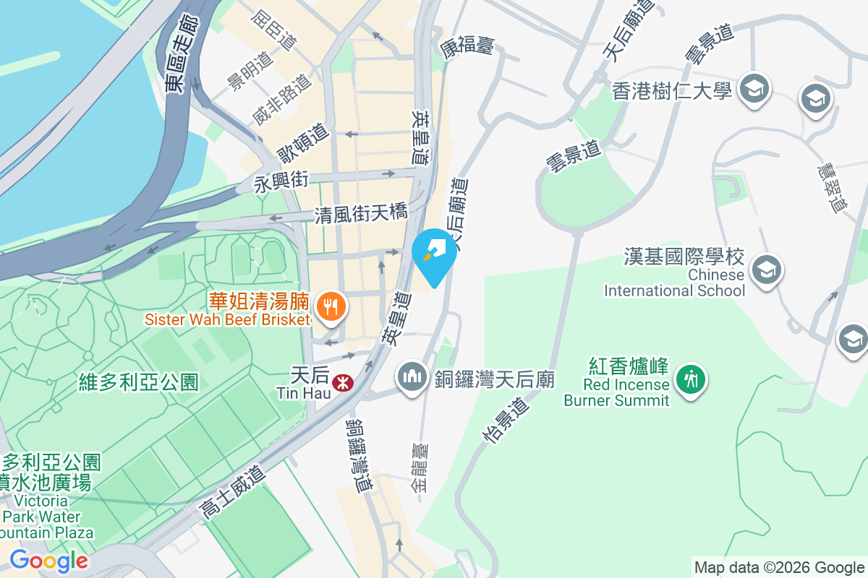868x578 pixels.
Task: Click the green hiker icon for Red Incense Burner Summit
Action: [x=691, y=377]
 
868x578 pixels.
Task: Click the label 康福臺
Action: [x=467, y=47]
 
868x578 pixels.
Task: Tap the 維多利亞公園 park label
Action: [x=139, y=381]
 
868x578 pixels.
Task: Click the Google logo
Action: [x=49, y=560]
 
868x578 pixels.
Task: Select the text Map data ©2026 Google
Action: [x=779, y=567]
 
